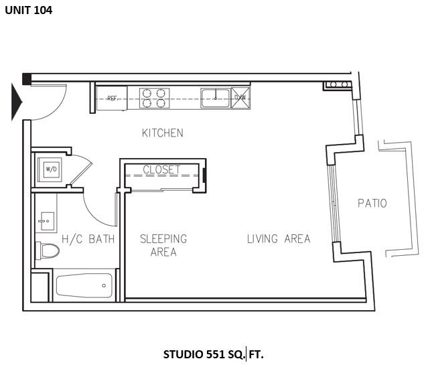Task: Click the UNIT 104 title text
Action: tap(28, 10)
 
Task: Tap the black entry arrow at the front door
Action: tap(17, 102)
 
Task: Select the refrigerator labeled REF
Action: tap(112, 98)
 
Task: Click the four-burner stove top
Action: tap(154, 98)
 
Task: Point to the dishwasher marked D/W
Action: tap(240, 97)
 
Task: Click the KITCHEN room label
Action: tap(162, 133)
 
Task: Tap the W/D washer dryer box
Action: tap(51, 170)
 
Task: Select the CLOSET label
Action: tap(161, 169)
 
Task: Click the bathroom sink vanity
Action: tap(46, 219)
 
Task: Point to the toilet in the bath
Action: tap(48, 251)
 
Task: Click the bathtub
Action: tap(84, 287)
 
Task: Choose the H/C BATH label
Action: tap(88, 239)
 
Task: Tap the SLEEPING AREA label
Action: tap(163, 245)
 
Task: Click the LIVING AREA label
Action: tap(278, 238)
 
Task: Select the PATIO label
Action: tap(372, 203)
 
